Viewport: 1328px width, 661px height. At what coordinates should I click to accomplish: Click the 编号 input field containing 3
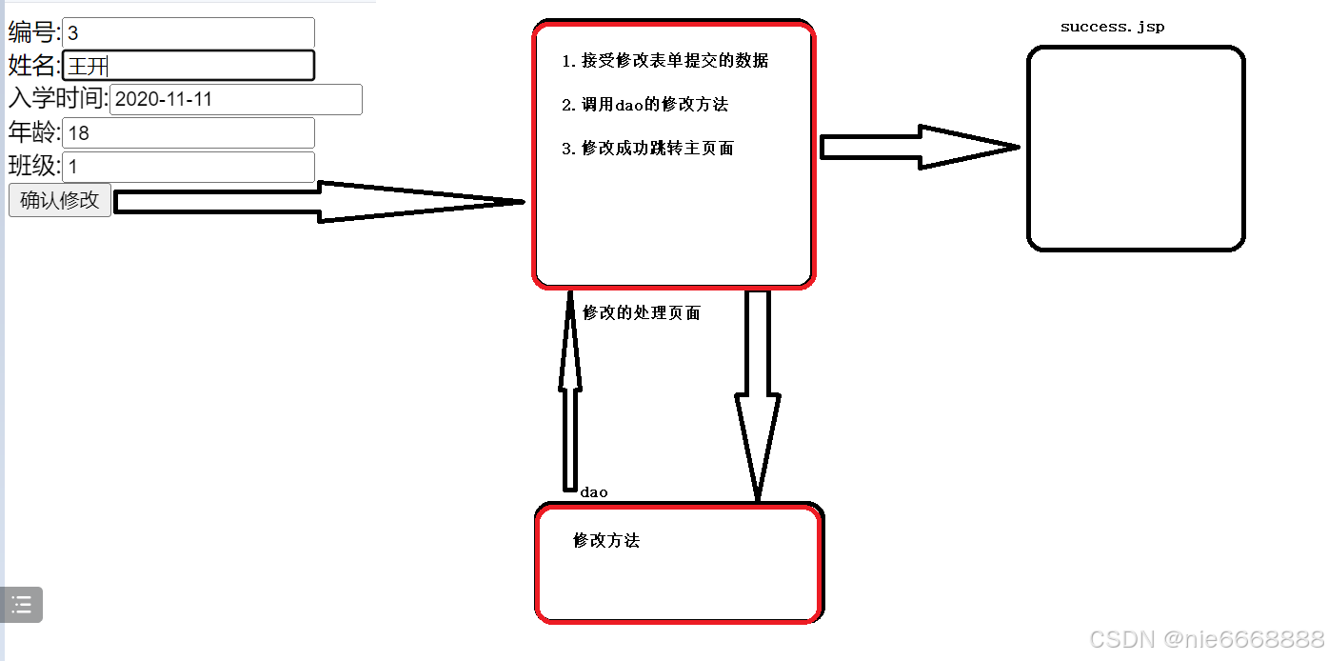(x=188, y=32)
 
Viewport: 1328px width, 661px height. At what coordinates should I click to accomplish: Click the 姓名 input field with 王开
(x=188, y=66)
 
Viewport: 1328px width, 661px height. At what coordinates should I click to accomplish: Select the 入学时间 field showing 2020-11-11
(x=235, y=99)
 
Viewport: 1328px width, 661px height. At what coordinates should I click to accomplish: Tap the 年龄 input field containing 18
(x=188, y=133)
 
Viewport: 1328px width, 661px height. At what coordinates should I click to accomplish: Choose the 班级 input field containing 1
(x=188, y=167)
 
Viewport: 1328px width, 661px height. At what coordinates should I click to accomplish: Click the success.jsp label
(x=1112, y=27)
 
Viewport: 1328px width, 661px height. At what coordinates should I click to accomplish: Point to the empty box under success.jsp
(x=1136, y=149)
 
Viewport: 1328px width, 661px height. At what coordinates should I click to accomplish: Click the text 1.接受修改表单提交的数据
(x=664, y=61)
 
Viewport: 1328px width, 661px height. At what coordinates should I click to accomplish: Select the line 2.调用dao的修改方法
(x=644, y=105)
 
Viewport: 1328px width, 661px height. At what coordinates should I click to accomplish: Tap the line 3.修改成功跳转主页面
(x=647, y=149)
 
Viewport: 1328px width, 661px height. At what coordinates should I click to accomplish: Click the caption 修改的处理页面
(x=641, y=312)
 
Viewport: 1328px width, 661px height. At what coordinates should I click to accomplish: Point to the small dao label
(x=593, y=492)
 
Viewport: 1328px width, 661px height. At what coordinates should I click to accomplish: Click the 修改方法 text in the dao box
(x=606, y=541)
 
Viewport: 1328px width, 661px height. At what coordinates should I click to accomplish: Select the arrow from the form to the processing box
(x=319, y=202)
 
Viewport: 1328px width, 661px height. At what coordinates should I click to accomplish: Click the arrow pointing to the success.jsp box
(x=919, y=148)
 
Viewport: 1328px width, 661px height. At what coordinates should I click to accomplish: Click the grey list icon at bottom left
(x=22, y=605)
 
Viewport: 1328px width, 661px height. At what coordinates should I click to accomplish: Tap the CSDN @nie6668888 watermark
(x=1205, y=638)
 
